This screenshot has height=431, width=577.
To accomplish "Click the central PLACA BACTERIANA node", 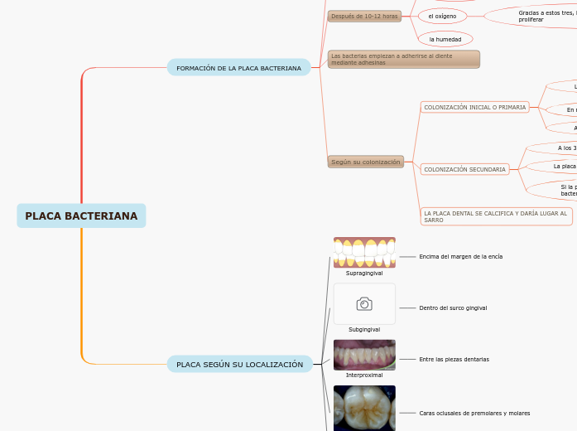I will point(81,215).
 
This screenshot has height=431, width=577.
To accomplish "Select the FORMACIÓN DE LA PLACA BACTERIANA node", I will point(238,68).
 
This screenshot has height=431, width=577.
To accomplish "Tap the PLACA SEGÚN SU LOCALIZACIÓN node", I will point(239,364).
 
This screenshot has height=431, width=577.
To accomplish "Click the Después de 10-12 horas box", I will point(364,16).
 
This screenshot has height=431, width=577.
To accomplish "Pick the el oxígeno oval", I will point(442,16).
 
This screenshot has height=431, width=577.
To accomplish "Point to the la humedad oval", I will point(445,39).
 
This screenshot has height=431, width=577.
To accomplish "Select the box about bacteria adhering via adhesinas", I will point(403,59).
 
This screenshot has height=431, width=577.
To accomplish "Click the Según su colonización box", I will point(365,162).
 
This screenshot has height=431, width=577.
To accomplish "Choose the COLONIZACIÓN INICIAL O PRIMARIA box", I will point(474,107).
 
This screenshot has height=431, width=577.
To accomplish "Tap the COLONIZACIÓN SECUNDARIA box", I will point(464,169).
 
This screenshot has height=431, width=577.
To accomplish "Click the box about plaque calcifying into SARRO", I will point(496,216).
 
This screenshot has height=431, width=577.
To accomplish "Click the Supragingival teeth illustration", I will point(364,252).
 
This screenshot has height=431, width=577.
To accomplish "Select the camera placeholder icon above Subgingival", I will point(364,304).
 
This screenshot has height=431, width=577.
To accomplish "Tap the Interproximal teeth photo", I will point(364,355).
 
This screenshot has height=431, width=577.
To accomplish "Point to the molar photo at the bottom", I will point(364,408).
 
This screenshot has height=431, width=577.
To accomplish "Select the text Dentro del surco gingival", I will point(453,308).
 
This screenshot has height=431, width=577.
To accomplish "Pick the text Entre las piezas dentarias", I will point(454,359).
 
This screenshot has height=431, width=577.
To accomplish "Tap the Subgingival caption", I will point(364,329).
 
